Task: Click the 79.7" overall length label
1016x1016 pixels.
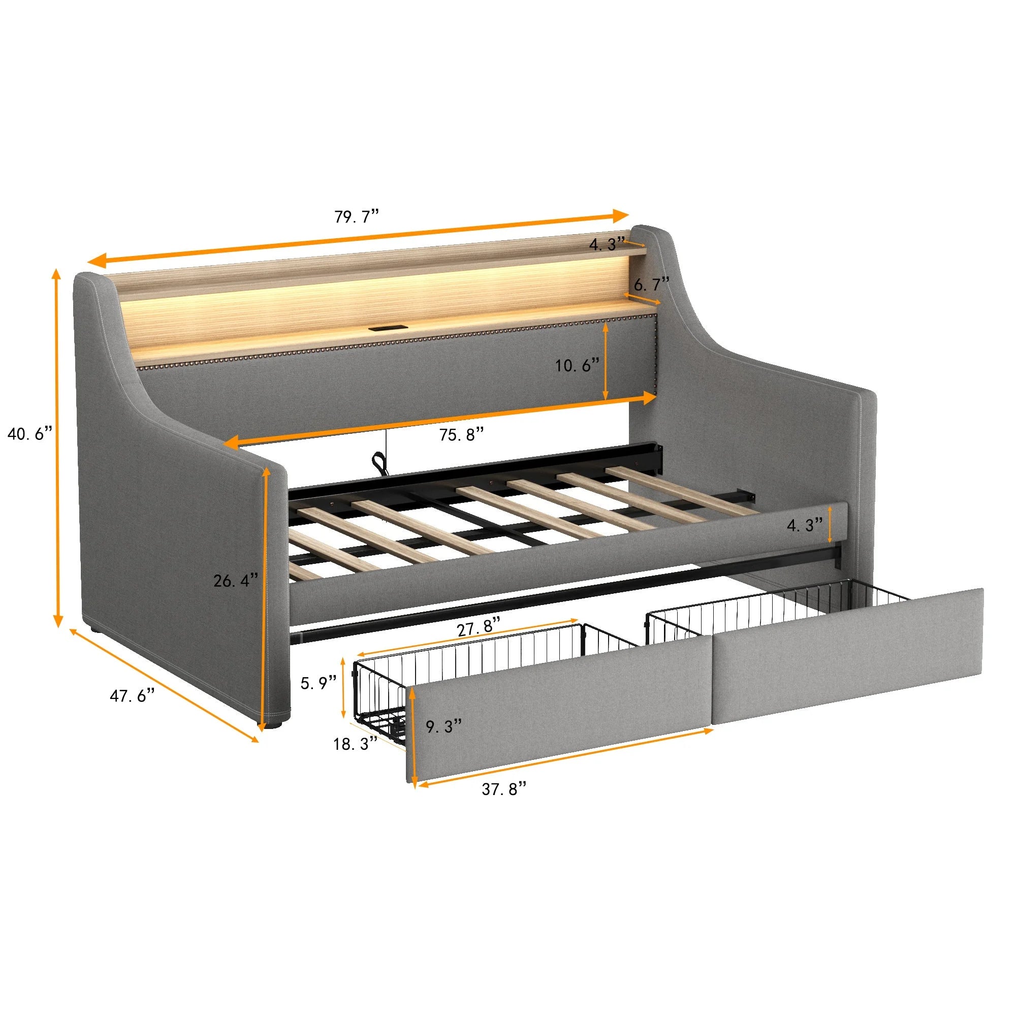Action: (x=357, y=217)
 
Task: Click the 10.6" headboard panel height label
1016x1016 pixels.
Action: (x=577, y=365)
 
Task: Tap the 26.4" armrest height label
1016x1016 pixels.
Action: (x=236, y=581)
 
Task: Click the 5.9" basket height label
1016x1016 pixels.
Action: (x=319, y=683)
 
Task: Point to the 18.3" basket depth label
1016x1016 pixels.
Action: (x=356, y=744)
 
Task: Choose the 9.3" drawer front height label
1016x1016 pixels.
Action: (x=444, y=727)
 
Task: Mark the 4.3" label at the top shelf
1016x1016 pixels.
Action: (x=607, y=244)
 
